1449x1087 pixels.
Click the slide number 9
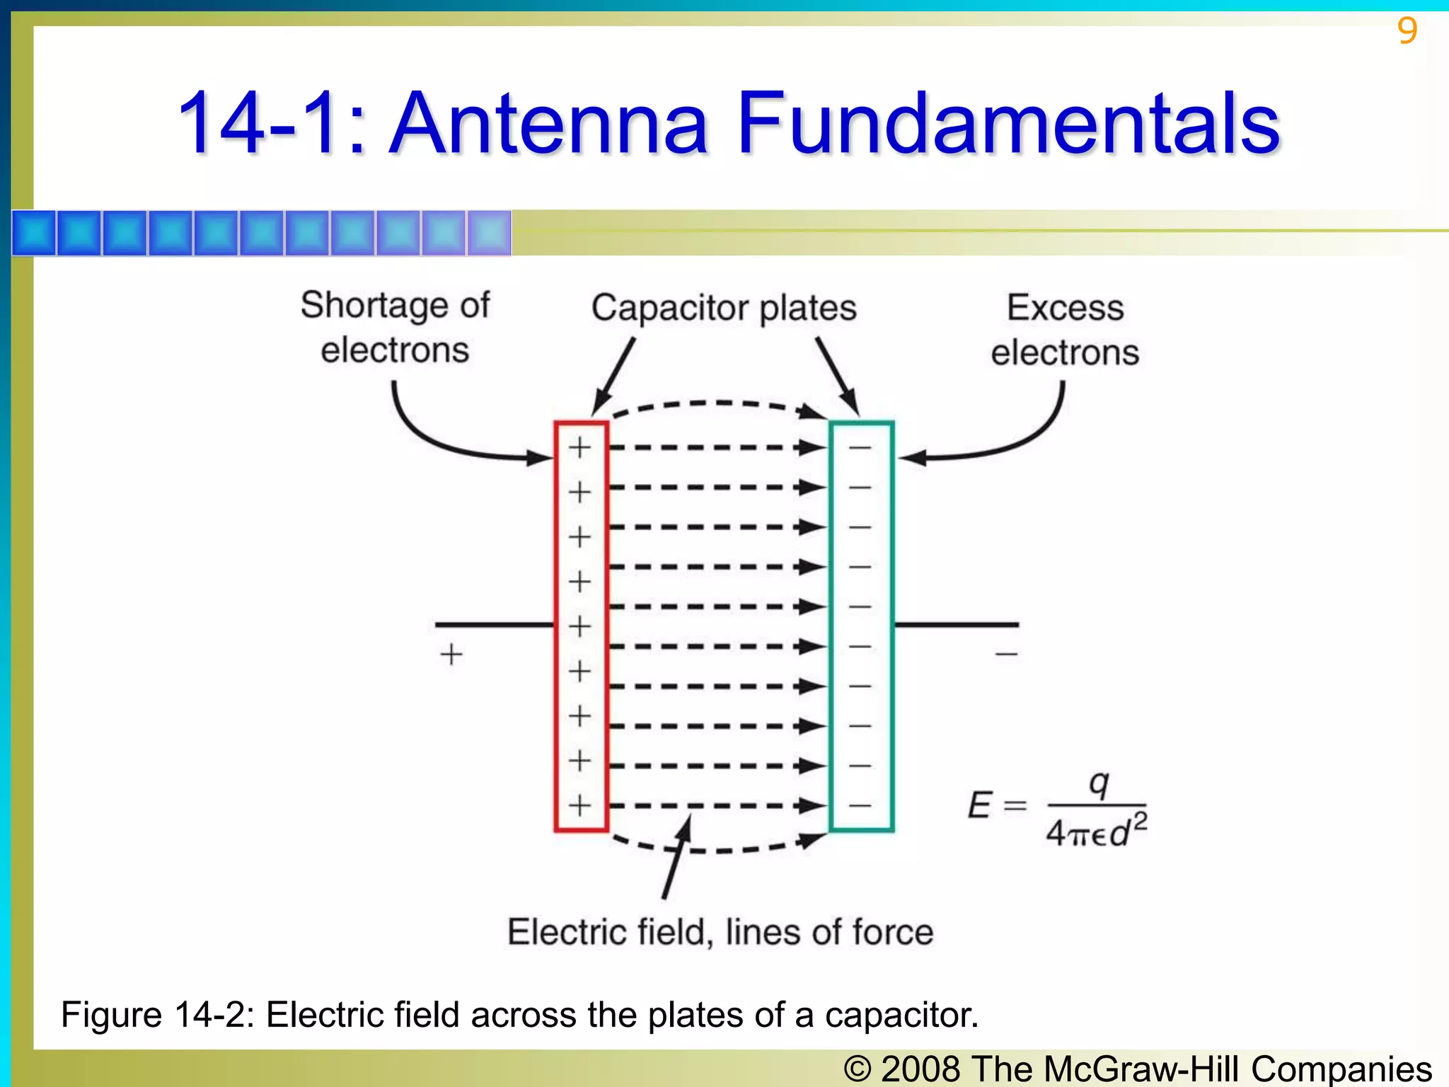pyautogui.click(x=1407, y=30)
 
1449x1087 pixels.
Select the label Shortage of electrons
pyautogui.click(x=395, y=327)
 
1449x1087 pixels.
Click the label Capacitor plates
pyautogui.click(x=724, y=308)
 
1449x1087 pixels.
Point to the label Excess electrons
pyautogui.click(x=1065, y=330)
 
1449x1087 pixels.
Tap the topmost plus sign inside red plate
pyautogui.click(x=580, y=447)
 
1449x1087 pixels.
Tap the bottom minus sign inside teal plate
pyautogui.click(x=860, y=805)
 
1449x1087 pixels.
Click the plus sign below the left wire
pyautogui.click(x=451, y=654)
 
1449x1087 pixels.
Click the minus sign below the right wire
pyautogui.click(x=1006, y=654)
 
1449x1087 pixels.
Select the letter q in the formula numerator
pyautogui.click(x=1098, y=783)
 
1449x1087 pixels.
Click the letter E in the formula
pyautogui.click(x=980, y=805)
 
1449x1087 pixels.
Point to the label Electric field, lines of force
pyautogui.click(x=720, y=932)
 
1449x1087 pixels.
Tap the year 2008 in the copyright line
pyautogui.click(x=920, y=1068)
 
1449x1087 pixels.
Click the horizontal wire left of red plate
pyautogui.click(x=494, y=624)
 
